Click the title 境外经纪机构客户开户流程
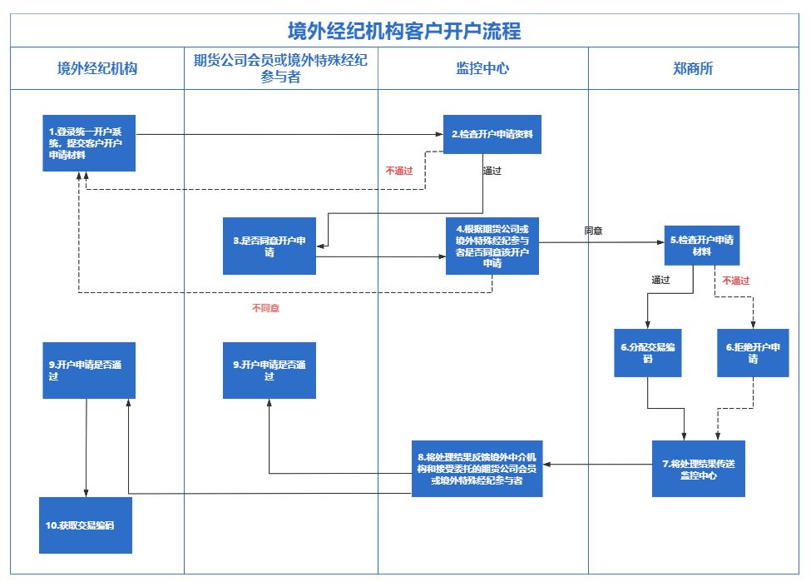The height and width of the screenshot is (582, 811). coord(404,31)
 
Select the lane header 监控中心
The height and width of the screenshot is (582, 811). coord(482,68)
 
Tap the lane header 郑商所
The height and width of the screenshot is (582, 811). coord(693,68)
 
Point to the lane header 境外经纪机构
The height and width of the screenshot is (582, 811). coord(96,68)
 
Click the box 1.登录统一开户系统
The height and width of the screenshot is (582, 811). coord(89,142)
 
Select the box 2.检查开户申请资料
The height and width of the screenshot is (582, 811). coord(492,134)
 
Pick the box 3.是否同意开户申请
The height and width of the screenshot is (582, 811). coord(270,246)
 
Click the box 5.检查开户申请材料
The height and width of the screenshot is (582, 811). coord(701,246)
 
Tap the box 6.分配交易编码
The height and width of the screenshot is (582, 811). coord(646,353)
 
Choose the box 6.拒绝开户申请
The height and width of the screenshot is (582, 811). coord(753,353)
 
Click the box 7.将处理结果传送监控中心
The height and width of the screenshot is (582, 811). coord(698,469)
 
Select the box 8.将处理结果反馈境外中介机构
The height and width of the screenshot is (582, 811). coord(477,469)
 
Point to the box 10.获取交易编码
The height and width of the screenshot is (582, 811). coord(86,525)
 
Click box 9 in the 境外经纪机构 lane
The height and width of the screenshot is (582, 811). coord(89,371)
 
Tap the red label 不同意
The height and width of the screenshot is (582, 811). coord(265,309)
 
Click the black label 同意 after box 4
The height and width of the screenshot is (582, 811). coord(594,231)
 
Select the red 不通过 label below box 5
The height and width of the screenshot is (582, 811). coord(735,281)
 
